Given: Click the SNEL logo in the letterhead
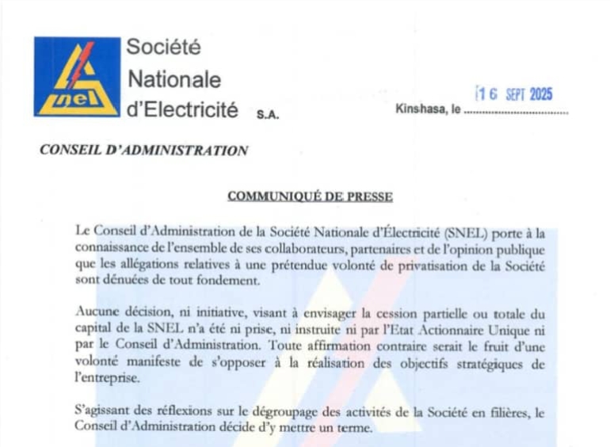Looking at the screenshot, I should (78, 77).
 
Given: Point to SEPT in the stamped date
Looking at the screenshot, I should (514, 95).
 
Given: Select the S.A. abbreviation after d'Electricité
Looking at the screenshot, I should (268, 114).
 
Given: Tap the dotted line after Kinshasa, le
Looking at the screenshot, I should (516, 113).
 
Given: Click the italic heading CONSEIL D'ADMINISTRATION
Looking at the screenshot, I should (143, 151).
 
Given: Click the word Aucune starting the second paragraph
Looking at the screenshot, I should (97, 312).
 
